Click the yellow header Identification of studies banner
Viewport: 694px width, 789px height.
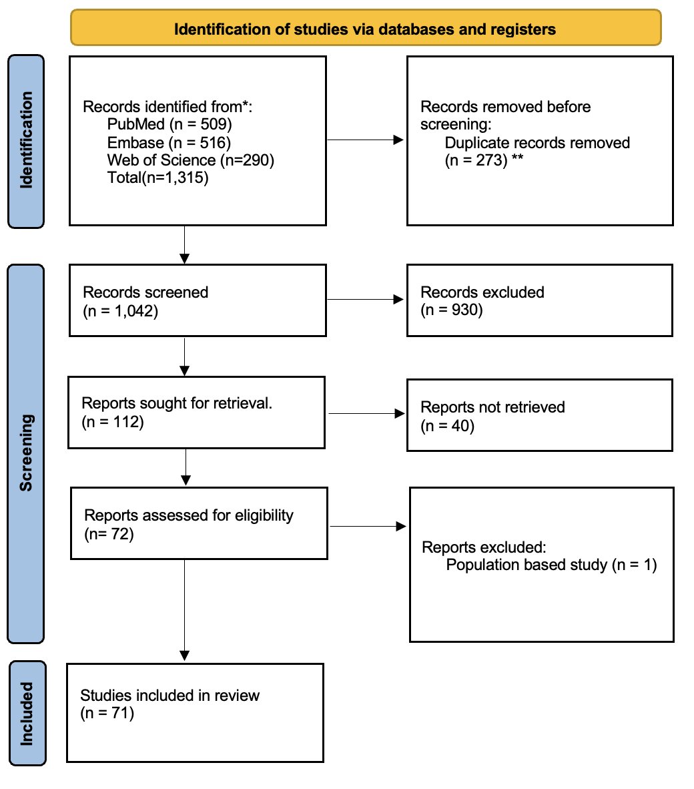365,29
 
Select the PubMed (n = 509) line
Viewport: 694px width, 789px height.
169,124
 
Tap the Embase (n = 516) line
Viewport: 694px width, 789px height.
168,142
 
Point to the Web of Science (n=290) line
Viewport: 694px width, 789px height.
190,160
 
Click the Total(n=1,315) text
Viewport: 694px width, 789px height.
157,178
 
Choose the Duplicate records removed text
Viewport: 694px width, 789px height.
537,143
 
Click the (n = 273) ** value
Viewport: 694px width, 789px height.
484,160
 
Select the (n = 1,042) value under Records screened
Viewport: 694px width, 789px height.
120,310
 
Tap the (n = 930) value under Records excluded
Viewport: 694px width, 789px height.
451,310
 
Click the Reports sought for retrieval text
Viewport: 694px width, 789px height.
177,403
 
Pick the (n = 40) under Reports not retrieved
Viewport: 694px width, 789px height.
447,425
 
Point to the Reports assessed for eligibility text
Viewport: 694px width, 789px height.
189,515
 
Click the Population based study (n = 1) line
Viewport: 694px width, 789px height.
551,565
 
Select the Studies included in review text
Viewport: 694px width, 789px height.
169,695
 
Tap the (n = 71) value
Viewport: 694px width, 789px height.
107,713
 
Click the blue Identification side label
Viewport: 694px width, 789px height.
26,141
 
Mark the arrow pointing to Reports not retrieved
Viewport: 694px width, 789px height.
366,414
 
